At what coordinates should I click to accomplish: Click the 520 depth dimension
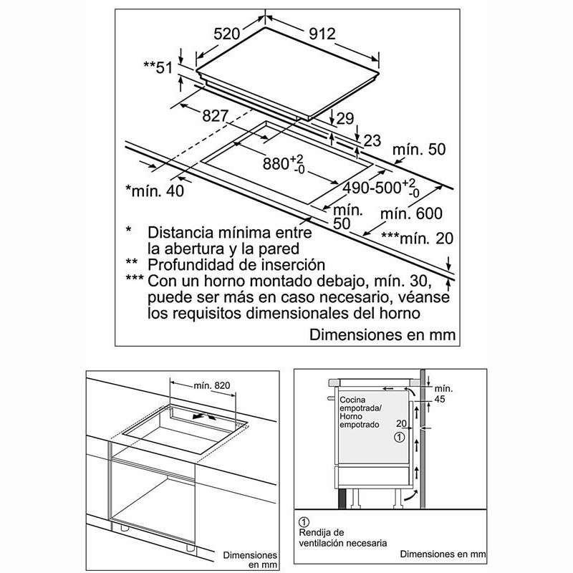point(226,34)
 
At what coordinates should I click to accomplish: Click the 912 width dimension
point(322,34)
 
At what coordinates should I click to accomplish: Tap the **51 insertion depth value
point(158,67)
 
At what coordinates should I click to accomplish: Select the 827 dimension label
point(216,116)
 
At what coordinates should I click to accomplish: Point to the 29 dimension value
point(345,118)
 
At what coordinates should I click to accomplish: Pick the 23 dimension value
point(372,140)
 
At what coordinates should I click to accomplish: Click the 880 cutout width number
point(276,164)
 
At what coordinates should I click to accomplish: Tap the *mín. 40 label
point(155,191)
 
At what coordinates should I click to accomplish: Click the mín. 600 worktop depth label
point(411,213)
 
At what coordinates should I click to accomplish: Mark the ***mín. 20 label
point(418,239)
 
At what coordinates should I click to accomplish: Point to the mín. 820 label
point(212,385)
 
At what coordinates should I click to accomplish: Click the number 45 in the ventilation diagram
point(440,400)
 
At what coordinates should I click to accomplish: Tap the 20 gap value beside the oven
point(401,423)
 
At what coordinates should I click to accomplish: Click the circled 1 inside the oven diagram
point(400,437)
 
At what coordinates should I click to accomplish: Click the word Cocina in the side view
point(352,400)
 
